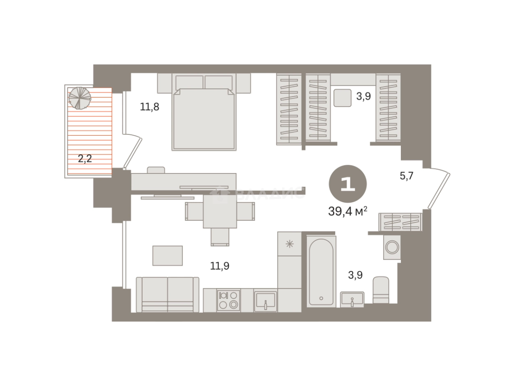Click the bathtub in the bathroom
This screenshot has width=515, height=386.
[321, 272]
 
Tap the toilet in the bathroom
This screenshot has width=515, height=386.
[381, 290]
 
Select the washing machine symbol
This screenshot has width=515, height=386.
[392, 247]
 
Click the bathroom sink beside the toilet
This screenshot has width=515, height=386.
[352, 299]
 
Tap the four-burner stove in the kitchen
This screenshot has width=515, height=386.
[228, 301]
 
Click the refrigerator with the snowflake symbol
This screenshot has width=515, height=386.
[290, 244]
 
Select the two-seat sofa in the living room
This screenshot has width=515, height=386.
[168, 295]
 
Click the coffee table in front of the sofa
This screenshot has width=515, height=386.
[168, 256]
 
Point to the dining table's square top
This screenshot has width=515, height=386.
[220, 211]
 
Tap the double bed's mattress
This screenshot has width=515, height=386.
[204, 119]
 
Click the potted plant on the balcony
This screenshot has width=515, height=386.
[80, 98]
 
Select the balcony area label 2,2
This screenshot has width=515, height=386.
[85, 159]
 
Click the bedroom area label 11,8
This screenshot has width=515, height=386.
[149, 107]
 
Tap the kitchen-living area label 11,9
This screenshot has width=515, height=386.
[220, 266]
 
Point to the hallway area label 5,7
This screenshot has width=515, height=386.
[406, 176]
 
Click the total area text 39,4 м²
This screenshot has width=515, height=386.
[347, 211]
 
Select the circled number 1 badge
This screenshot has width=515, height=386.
[348, 184]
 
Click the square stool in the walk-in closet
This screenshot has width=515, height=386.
[343, 98]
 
